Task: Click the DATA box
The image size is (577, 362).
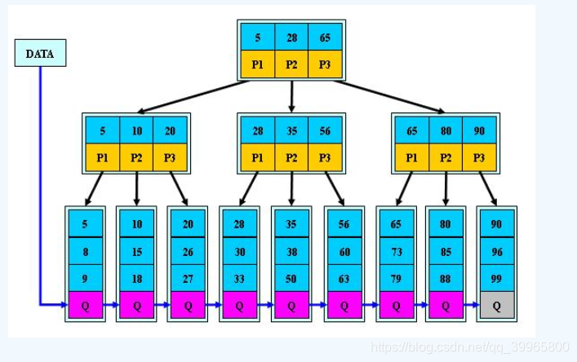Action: (40, 54)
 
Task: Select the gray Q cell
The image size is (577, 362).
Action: (497, 306)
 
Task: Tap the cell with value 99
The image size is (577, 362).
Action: (497, 279)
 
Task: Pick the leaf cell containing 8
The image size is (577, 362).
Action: (85, 252)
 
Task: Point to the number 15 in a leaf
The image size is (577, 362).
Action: (136, 252)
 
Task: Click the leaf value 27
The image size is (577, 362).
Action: (188, 279)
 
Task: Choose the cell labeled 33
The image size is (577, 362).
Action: (239, 279)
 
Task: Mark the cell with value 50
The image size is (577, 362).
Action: (291, 279)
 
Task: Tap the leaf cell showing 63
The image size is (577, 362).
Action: (344, 279)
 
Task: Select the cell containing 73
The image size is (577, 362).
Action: (396, 252)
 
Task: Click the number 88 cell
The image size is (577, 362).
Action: (446, 279)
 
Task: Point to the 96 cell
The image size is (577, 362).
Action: (497, 252)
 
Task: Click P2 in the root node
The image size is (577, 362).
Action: (291, 64)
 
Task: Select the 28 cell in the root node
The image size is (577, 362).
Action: (291, 38)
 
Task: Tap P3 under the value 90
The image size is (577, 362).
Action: (479, 157)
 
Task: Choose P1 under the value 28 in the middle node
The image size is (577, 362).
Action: (258, 157)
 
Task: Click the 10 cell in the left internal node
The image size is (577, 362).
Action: (136, 130)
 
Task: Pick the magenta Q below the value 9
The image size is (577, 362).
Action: (85, 306)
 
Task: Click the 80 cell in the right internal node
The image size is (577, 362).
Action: (446, 130)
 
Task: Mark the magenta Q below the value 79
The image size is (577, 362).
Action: (396, 306)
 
